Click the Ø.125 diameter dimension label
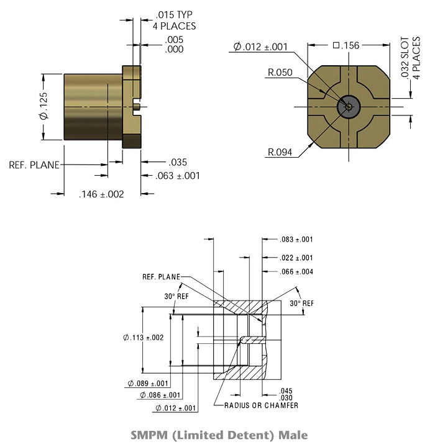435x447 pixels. [x=44, y=106]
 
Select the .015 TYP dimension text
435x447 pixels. [x=174, y=14]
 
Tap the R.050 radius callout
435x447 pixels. [x=280, y=73]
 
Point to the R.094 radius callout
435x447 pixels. [x=280, y=152]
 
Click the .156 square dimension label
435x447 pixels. [x=346, y=45]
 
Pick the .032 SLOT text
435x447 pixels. [x=405, y=57]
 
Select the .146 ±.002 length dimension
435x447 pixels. [x=101, y=194]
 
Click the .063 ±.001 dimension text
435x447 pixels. [x=177, y=176]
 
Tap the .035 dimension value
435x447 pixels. [x=178, y=163]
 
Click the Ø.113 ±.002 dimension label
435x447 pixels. [x=144, y=338]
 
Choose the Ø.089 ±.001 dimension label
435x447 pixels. [x=148, y=384]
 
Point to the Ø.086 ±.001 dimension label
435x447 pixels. [x=160, y=395]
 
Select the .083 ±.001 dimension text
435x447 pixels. [x=296, y=240]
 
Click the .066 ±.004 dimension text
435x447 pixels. [x=296, y=272]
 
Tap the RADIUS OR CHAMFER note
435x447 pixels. [x=261, y=405]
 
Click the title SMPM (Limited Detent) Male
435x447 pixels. [x=219, y=435]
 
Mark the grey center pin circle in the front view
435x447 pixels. [x=349, y=107]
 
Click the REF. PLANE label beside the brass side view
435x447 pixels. [x=34, y=165]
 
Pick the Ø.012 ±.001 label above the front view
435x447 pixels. [x=260, y=47]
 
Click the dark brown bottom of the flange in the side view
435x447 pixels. [x=132, y=142]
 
